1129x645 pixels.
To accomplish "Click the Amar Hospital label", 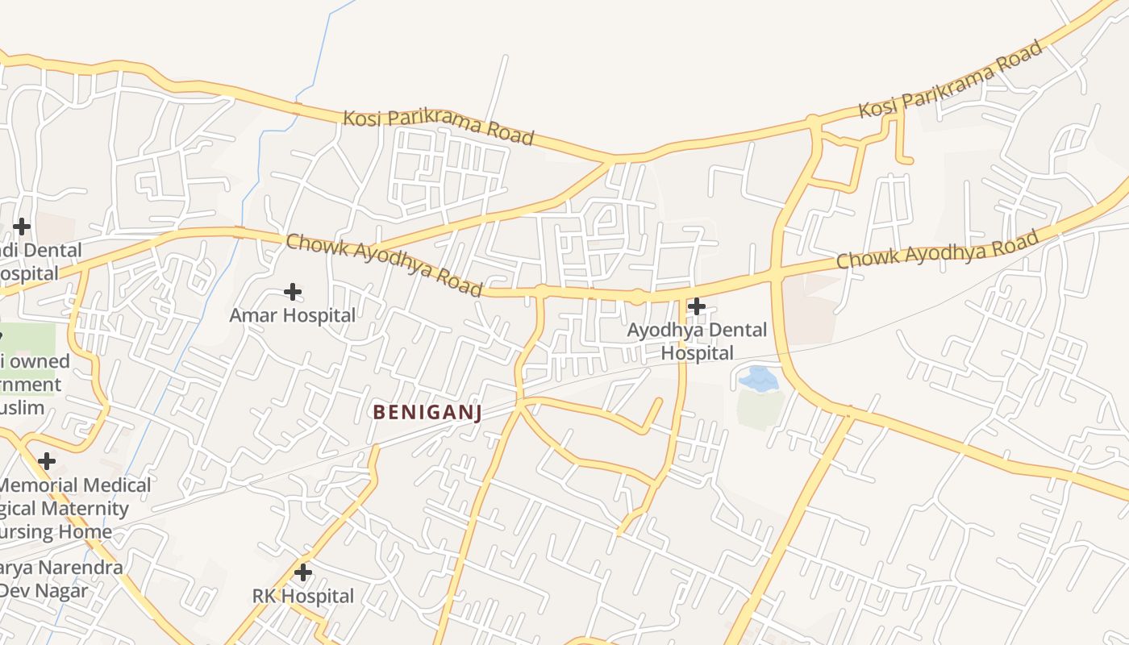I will click(x=292, y=315).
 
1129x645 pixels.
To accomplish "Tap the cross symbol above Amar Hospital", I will click(x=293, y=291).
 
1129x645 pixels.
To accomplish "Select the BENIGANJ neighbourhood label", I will click(x=427, y=413).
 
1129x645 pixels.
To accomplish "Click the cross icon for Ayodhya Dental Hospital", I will click(x=697, y=306).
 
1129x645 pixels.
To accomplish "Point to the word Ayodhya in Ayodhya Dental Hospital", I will click(x=665, y=331).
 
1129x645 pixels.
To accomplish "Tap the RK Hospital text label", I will click(x=303, y=597).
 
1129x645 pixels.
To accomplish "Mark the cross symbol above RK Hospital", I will click(x=303, y=572).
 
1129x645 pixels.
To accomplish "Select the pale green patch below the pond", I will click(x=760, y=407).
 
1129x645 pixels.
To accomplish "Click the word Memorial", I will click(x=40, y=485).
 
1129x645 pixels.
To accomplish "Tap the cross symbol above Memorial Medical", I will click(x=47, y=461).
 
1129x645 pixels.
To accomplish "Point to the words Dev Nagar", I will click(x=44, y=590).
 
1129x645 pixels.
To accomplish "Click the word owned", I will click(x=40, y=361).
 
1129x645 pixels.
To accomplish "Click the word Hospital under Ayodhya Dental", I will click(x=698, y=353).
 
